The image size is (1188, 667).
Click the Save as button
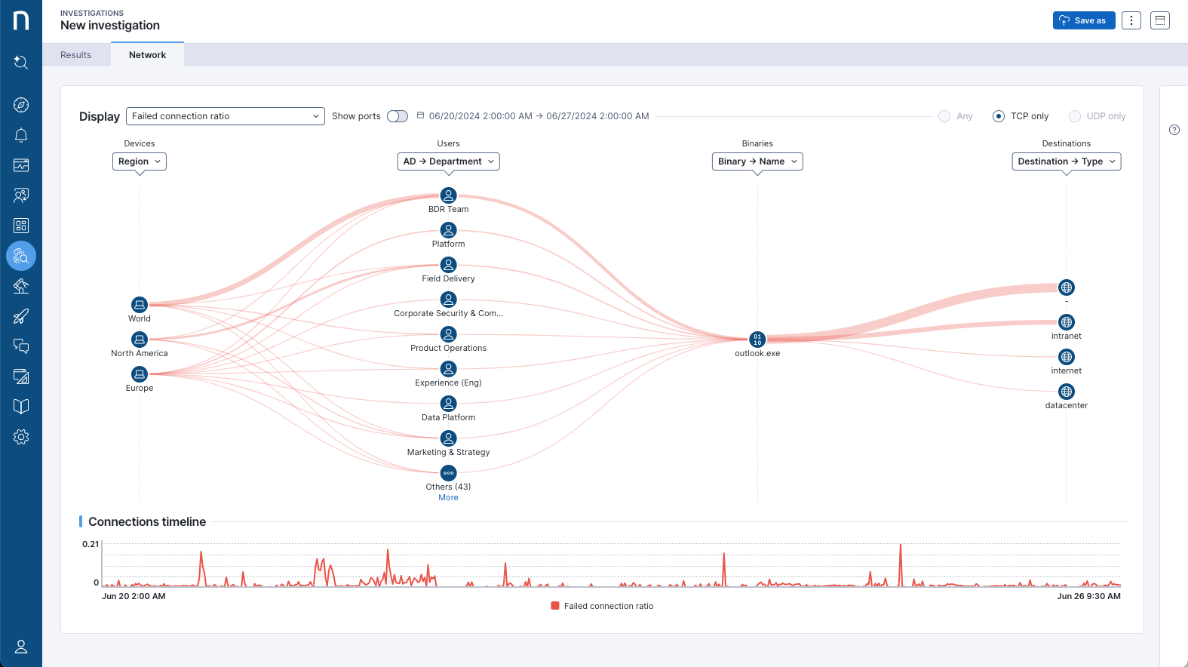[1083, 20]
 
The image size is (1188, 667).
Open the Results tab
[75, 55]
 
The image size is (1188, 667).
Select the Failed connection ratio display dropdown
[225, 116]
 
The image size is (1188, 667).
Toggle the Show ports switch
[398, 116]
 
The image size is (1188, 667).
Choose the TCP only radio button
[999, 116]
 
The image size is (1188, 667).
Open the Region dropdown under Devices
[140, 161]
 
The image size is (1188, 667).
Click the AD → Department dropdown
[448, 161]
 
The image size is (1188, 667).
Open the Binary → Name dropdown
[757, 161]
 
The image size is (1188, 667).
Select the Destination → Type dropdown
[1066, 161]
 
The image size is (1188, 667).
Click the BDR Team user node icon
[449, 195]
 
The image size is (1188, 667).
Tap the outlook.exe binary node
[757, 340]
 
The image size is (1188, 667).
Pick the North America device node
[140, 340]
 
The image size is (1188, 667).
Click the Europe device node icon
[140, 374]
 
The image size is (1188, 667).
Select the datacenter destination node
[1067, 392]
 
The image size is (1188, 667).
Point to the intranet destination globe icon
[1067, 322]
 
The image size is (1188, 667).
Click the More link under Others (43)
[448, 498]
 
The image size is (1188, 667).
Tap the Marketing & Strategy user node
[449, 438]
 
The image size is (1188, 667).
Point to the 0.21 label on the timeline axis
[91, 544]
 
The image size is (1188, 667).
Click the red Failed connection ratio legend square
[555, 606]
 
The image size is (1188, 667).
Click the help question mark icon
[1174, 130]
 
